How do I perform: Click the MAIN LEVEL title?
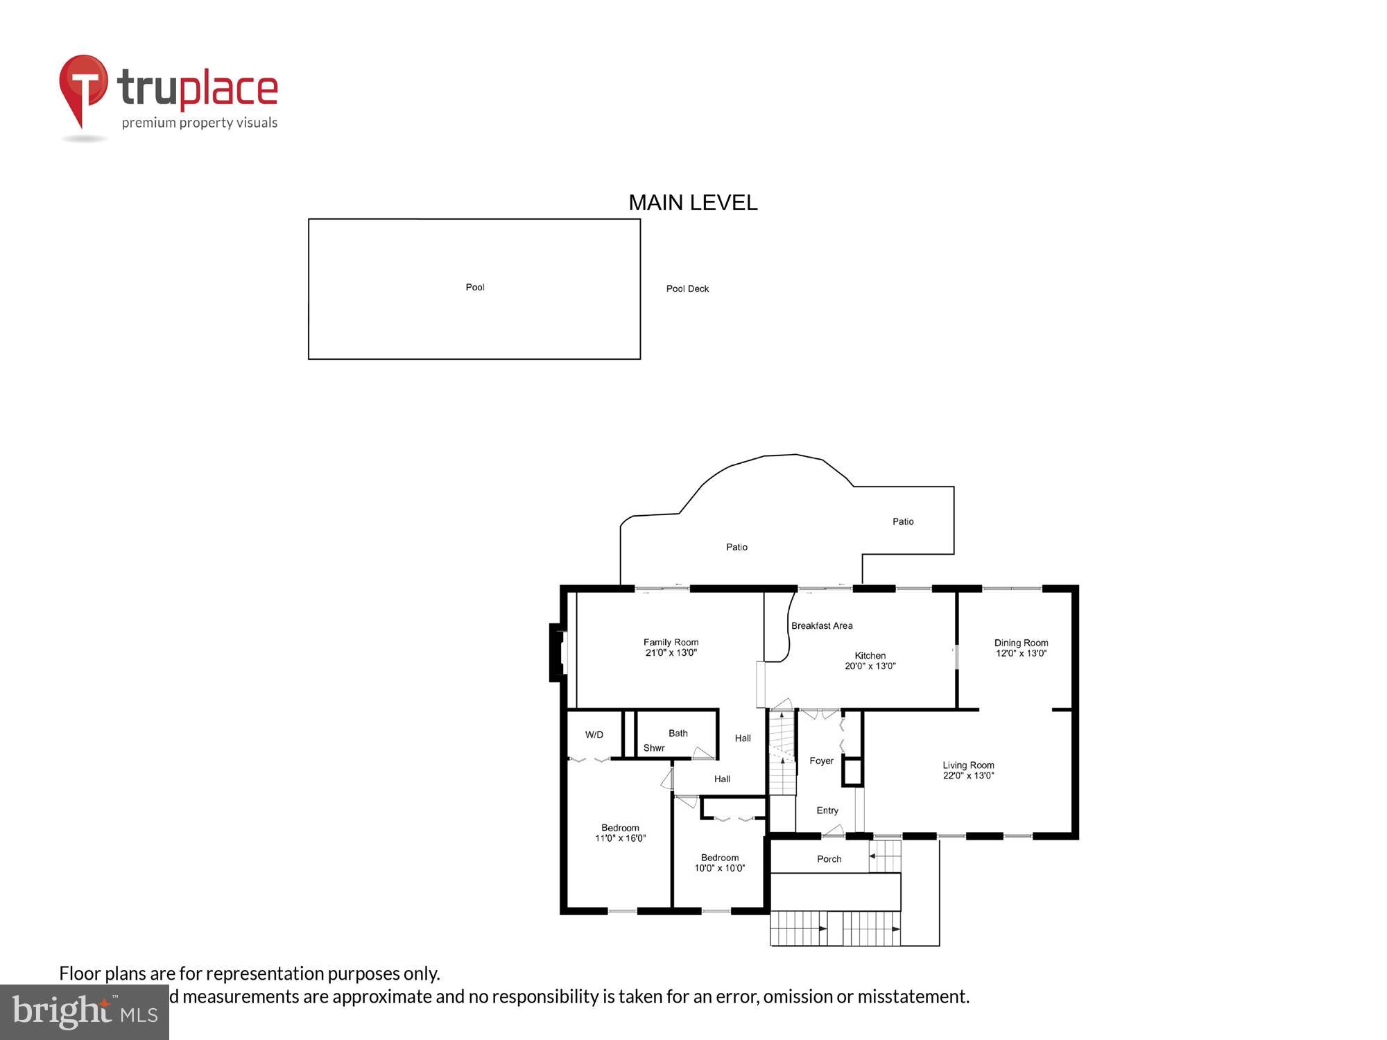(x=693, y=202)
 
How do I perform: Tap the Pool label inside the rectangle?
(x=475, y=287)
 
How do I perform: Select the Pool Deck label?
(x=687, y=288)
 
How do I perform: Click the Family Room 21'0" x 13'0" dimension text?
(x=671, y=652)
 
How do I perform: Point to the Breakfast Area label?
(x=822, y=625)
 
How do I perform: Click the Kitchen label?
(x=870, y=655)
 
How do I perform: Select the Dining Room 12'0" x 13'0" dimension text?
(x=1021, y=653)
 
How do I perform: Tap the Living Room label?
(x=968, y=765)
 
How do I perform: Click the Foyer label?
(x=821, y=761)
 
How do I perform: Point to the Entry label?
(x=827, y=811)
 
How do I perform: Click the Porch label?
(x=829, y=859)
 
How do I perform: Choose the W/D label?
(x=594, y=735)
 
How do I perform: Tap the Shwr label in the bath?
(x=654, y=748)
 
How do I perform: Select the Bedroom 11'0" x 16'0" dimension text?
(x=620, y=838)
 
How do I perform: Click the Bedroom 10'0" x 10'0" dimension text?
(x=720, y=868)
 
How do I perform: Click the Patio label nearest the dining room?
(x=903, y=521)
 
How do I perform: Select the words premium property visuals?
(x=200, y=123)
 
